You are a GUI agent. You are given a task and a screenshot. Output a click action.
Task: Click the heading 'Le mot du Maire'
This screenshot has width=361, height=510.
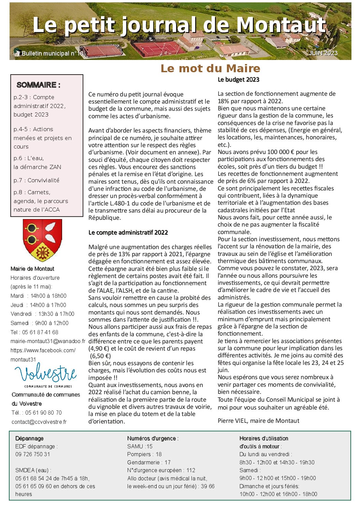pyautogui.click(x=210, y=68)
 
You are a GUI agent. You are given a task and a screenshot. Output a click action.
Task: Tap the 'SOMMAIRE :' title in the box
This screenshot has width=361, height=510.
pyautogui.click(x=38, y=85)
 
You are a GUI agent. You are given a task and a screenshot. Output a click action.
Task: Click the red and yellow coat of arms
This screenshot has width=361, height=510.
pyautogui.click(x=42, y=239)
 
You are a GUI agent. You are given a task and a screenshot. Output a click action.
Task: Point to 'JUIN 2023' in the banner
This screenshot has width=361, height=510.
pyautogui.click(x=323, y=53)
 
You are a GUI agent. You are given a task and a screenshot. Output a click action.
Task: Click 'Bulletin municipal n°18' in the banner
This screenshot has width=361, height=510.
pyautogui.click(x=53, y=53)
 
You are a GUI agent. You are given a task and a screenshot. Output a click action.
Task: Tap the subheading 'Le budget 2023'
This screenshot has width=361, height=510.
pyautogui.click(x=239, y=80)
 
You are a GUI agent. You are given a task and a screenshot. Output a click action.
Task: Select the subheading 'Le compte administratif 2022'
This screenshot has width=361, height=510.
pyautogui.click(x=128, y=233)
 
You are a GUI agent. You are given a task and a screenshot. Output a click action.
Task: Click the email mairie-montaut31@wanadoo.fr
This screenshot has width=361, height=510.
pyautogui.click(x=48, y=341)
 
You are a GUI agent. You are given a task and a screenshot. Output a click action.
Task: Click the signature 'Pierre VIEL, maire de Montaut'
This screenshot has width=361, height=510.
pyautogui.click(x=258, y=421)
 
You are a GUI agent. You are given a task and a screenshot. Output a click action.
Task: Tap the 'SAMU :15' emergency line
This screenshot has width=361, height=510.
pyautogui.click(x=140, y=446)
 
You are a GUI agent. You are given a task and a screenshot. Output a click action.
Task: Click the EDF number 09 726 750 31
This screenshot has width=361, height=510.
pyautogui.click(x=33, y=454)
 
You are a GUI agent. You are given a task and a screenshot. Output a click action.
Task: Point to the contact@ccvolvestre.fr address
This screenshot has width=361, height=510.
pyautogui.click(x=39, y=422)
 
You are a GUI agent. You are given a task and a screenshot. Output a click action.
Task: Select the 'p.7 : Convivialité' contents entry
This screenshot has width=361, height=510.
pyautogui.click(x=37, y=180)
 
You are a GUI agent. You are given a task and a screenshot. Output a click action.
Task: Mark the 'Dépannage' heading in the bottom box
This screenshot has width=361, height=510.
pyautogui.click(x=29, y=438)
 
